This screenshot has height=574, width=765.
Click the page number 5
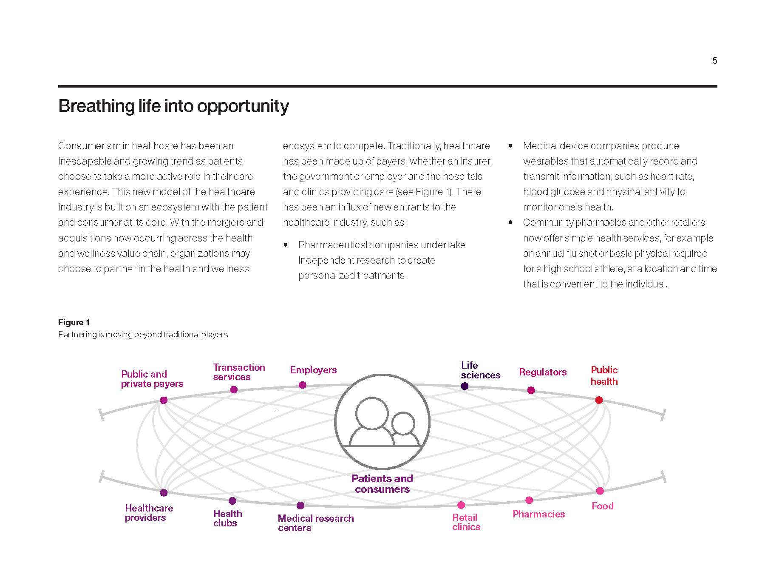(714, 60)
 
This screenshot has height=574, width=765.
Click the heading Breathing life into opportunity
(173, 106)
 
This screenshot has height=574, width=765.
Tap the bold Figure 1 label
(74, 322)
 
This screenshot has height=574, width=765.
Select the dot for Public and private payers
(164, 400)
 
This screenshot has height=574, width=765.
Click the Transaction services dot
(234, 389)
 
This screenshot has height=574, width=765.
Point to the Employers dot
(303, 385)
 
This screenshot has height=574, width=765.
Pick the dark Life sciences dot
(465, 386)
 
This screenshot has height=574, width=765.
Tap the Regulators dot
(531, 390)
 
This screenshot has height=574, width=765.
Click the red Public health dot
(599, 400)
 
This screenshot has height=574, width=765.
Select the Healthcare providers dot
(164, 493)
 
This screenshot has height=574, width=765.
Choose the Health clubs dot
(232, 501)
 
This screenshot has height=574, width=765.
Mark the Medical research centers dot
(300, 506)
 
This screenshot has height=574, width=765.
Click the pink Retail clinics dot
(461, 505)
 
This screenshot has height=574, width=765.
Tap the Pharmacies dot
(529, 500)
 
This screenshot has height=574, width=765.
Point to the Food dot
(600, 491)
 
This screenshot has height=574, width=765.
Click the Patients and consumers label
(382, 484)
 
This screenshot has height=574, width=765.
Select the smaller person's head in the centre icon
(403, 423)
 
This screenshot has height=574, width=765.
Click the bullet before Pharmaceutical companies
(286, 245)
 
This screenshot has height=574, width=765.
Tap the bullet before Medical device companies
(510, 146)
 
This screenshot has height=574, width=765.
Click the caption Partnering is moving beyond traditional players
(143, 335)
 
